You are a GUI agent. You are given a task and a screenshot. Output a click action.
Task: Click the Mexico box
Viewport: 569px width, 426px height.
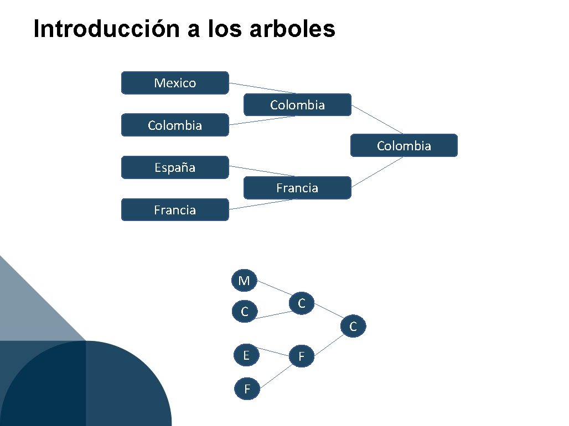[x=175, y=83]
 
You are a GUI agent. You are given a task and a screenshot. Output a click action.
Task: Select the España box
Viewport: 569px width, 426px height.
[x=175, y=167]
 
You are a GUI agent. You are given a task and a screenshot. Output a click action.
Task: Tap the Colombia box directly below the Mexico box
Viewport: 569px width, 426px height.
[x=175, y=125]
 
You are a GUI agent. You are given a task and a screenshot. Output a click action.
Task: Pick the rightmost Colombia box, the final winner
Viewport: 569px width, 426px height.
[x=404, y=146]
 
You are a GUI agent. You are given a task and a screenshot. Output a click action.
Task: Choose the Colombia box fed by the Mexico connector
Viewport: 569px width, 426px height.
[x=297, y=105]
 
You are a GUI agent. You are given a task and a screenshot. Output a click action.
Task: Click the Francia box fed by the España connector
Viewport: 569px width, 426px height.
[x=297, y=188]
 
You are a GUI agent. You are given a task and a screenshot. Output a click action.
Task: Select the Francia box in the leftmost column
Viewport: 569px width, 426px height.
[x=175, y=210]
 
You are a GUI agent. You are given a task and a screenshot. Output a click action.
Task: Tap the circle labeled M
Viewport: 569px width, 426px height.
[x=244, y=281]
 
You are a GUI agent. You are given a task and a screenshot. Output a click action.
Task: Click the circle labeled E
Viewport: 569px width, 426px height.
[x=246, y=355]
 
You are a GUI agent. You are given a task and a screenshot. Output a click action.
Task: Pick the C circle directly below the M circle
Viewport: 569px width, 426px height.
[x=244, y=312]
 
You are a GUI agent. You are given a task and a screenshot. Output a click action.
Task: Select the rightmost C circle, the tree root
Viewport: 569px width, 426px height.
[x=353, y=327]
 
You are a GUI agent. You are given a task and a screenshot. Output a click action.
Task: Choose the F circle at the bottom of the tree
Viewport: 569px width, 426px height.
[x=247, y=390]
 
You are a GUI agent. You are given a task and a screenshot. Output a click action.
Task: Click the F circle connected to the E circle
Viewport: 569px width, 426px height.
[x=302, y=357]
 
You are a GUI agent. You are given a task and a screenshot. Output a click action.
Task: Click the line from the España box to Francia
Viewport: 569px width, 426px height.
[x=262, y=171]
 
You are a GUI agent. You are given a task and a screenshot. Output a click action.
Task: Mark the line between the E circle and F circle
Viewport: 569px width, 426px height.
[x=275, y=351]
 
